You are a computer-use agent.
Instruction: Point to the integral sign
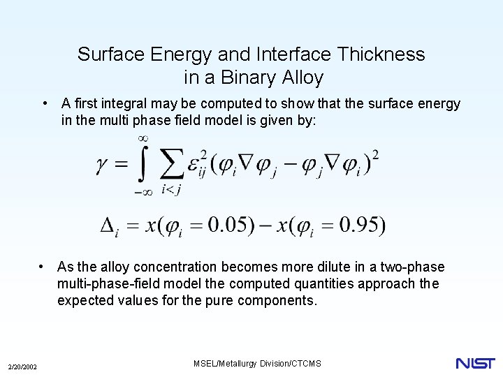(x=144, y=165)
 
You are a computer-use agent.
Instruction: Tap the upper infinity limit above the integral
(x=144, y=138)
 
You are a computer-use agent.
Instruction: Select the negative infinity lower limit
(x=143, y=193)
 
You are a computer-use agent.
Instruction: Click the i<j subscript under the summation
(x=172, y=189)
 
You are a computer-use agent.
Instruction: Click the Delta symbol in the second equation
(x=108, y=226)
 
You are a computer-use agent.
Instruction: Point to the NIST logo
(x=475, y=363)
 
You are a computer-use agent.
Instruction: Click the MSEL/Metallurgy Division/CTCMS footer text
(x=256, y=363)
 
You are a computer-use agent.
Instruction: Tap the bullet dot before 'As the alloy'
(x=43, y=267)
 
